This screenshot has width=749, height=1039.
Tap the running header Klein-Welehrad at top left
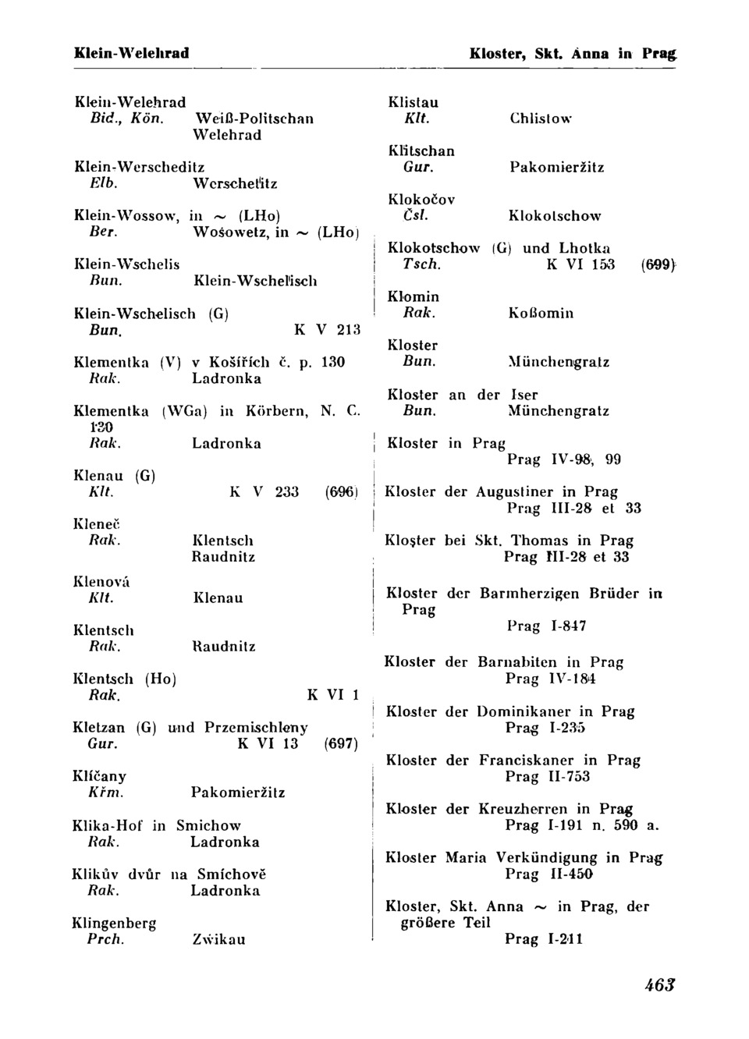click(x=131, y=54)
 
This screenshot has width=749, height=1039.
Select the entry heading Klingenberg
click(x=114, y=923)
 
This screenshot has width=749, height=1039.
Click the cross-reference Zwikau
click(x=218, y=939)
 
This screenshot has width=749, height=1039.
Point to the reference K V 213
click(x=327, y=329)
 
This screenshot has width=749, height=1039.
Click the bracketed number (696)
click(x=341, y=492)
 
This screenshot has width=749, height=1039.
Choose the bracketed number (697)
click(x=341, y=744)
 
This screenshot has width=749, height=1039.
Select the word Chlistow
click(x=541, y=119)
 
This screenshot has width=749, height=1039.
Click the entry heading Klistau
click(x=414, y=102)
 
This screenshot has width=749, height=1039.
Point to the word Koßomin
click(x=541, y=313)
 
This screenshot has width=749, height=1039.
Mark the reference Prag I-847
click(x=546, y=626)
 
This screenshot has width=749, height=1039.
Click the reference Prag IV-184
click(x=551, y=679)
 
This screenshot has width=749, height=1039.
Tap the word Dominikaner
click(x=524, y=711)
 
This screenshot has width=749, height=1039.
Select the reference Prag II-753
click(x=547, y=776)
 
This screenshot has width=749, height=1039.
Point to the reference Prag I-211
click(x=543, y=939)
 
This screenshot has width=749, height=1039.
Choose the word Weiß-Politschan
click(x=254, y=119)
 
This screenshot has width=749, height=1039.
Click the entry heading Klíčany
click(x=99, y=776)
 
